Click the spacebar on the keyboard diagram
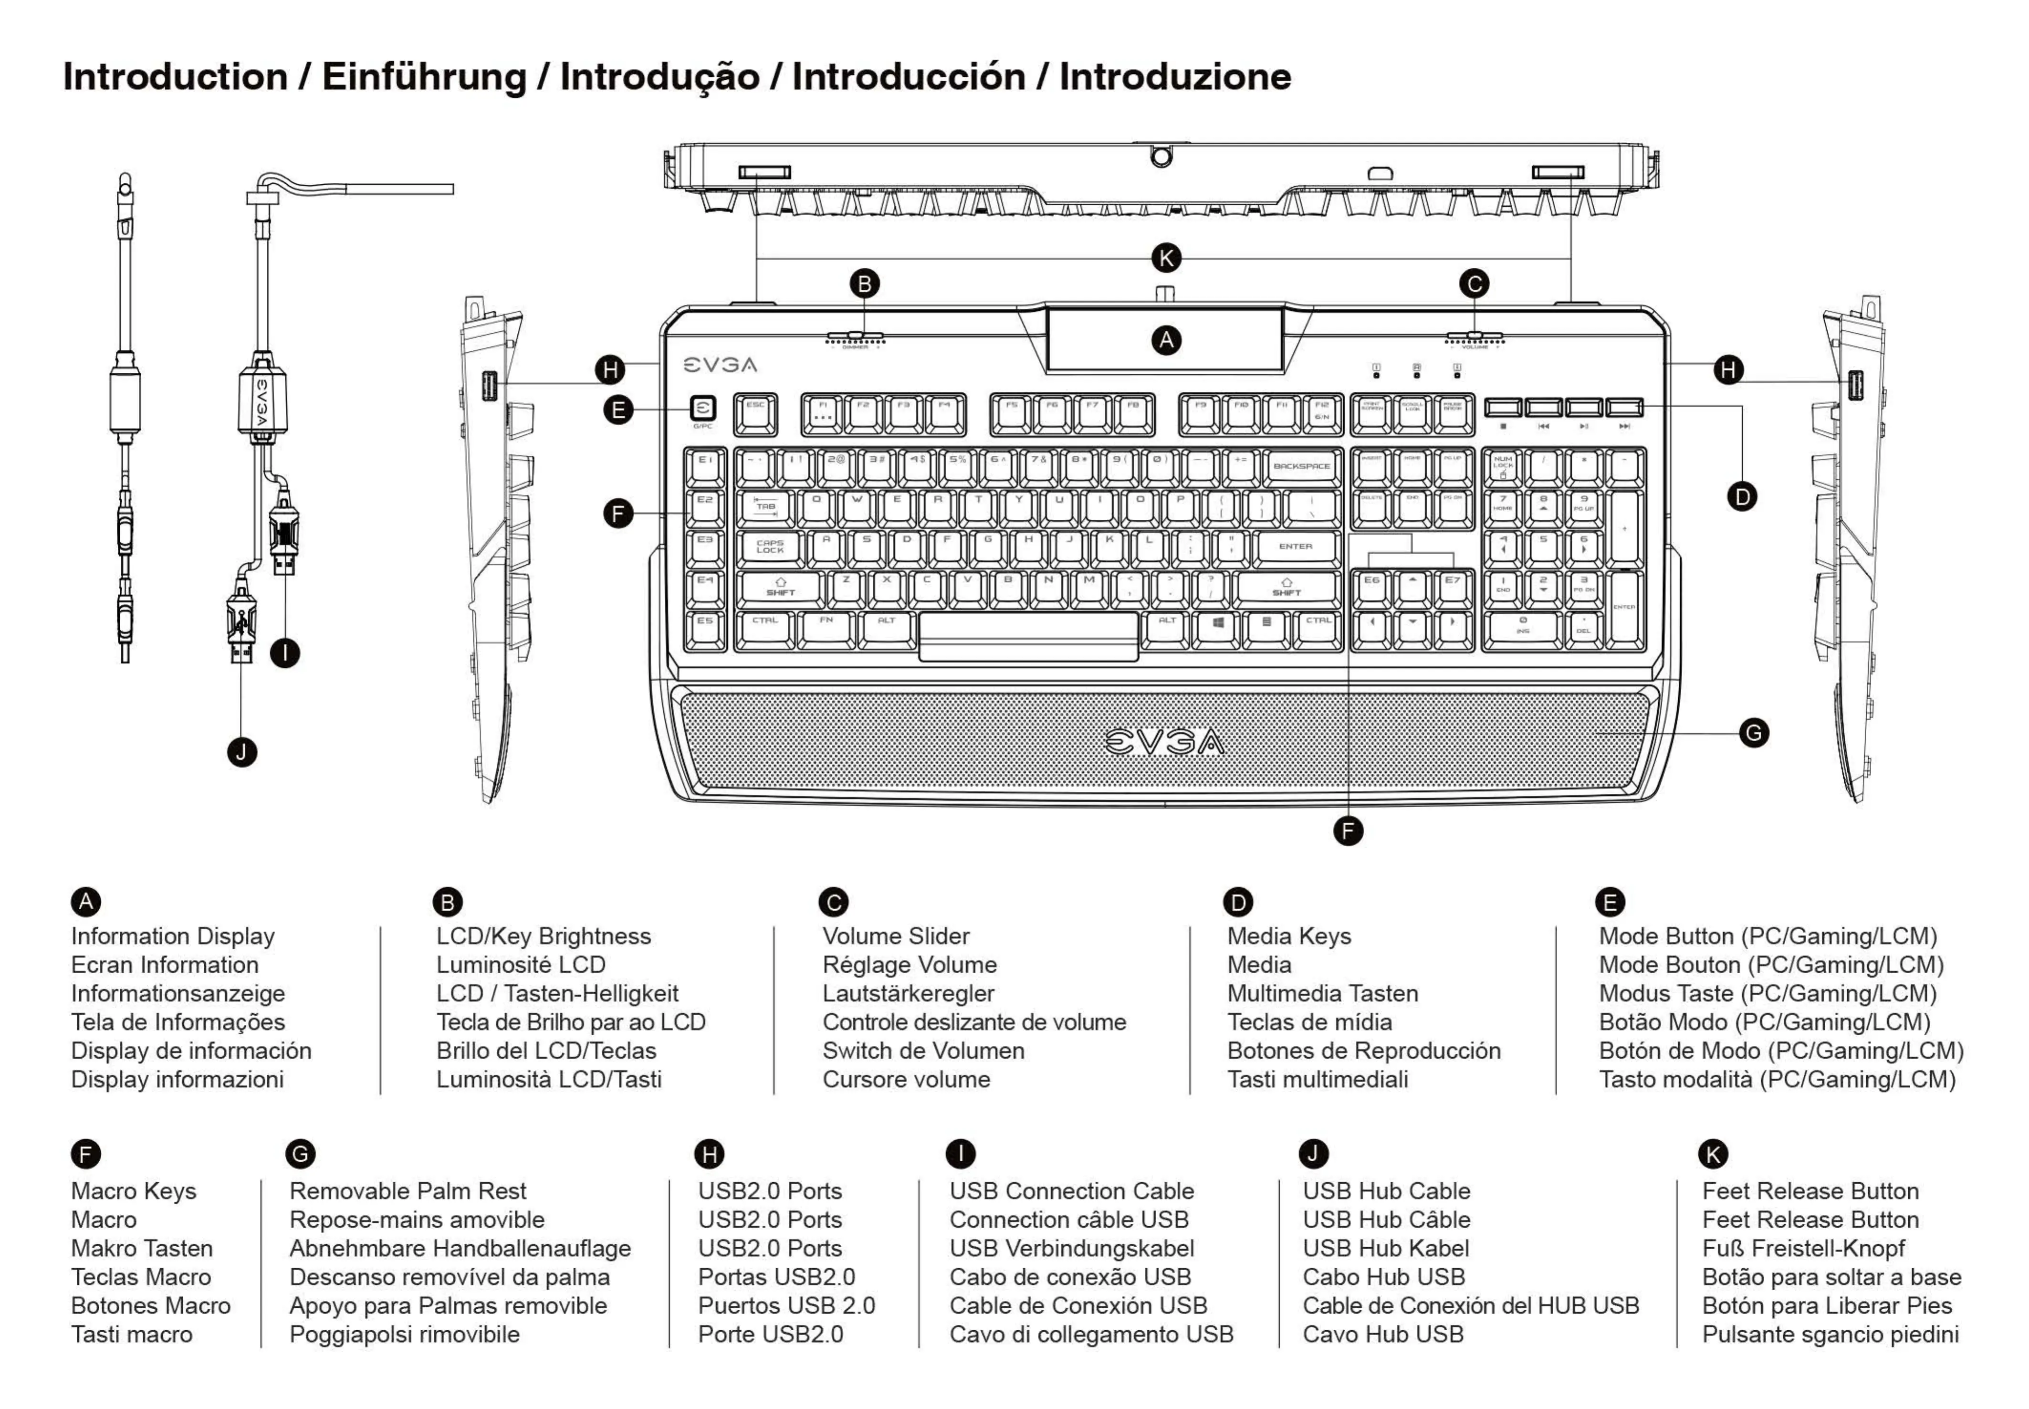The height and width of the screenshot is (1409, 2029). (1028, 635)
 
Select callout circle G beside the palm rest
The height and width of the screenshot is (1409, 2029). (1753, 732)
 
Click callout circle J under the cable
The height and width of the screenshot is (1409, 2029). (242, 752)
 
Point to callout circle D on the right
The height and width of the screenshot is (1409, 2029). (1741, 496)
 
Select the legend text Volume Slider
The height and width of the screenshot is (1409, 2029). (895, 936)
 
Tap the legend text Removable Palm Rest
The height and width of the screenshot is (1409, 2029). (407, 1191)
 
